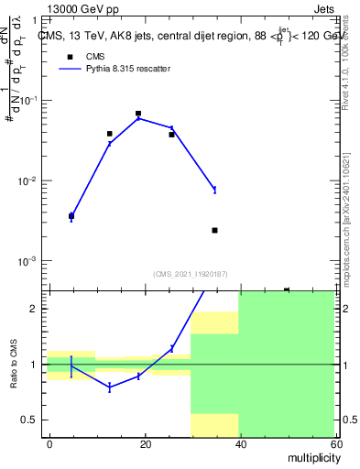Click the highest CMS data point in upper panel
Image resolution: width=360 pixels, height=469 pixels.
[138, 114]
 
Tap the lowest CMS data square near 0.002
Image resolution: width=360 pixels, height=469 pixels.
[214, 230]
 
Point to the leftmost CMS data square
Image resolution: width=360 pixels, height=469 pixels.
[71, 216]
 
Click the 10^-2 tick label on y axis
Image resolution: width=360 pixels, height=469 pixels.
[30, 180]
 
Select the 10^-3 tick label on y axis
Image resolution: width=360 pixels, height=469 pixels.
[30, 261]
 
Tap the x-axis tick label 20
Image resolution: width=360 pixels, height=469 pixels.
[145, 443]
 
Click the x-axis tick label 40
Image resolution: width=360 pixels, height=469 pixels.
[240, 443]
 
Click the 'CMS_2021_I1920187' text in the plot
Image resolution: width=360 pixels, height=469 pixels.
[191, 274]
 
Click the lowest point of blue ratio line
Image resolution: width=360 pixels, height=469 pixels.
[110, 387]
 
